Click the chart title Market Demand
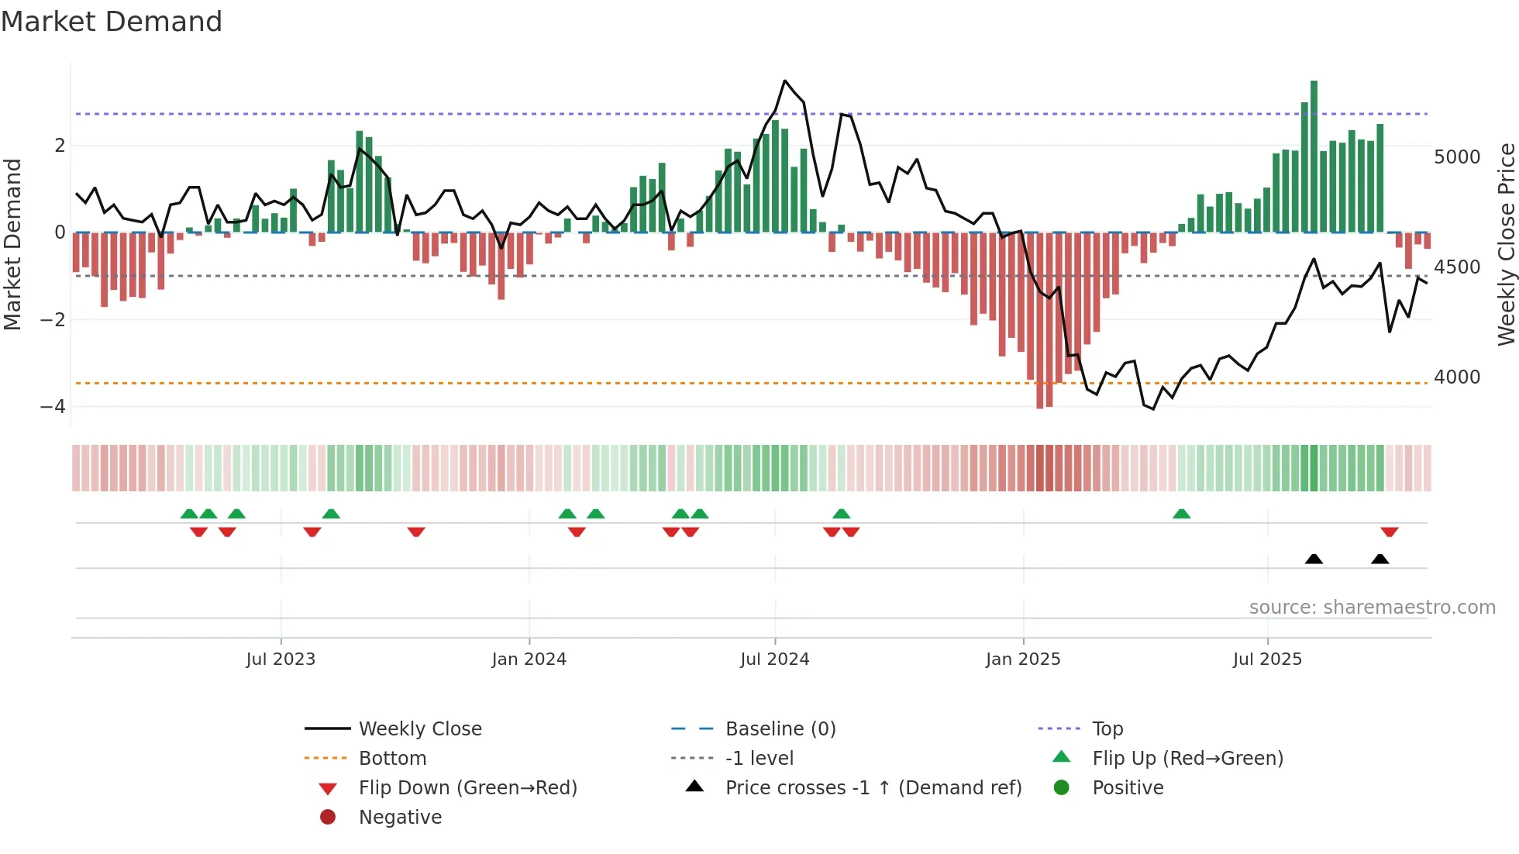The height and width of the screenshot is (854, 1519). [x=112, y=22]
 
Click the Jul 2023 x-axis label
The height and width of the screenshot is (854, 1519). [x=281, y=659]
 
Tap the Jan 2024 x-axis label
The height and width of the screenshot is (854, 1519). [x=529, y=659]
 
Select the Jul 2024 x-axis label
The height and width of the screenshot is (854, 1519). [x=774, y=659]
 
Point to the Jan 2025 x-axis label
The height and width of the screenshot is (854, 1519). [x=1023, y=659]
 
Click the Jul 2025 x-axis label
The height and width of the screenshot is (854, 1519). [x=1267, y=659]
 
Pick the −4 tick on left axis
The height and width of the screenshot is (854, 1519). [x=53, y=407]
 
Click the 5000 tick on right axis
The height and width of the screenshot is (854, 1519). [x=1457, y=157]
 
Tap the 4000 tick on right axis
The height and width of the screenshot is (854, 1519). [x=1457, y=377]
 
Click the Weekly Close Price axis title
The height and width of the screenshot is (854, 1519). [x=1506, y=244]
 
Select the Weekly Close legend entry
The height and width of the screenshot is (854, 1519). [x=419, y=729]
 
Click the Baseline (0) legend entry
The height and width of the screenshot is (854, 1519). [x=780, y=729]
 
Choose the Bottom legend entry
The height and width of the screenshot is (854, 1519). [x=392, y=759]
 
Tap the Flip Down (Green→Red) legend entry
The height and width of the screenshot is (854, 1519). [x=467, y=788]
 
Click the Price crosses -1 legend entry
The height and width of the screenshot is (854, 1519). [x=873, y=788]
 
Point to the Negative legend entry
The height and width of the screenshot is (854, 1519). [x=400, y=818]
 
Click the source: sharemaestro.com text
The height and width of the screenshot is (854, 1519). [x=1372, y=608]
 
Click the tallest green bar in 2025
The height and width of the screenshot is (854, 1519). [x=1314, y=155]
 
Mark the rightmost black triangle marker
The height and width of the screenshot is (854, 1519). [x=1379, y=559]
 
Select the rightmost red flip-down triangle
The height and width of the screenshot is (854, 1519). [x=1389, y=532]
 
